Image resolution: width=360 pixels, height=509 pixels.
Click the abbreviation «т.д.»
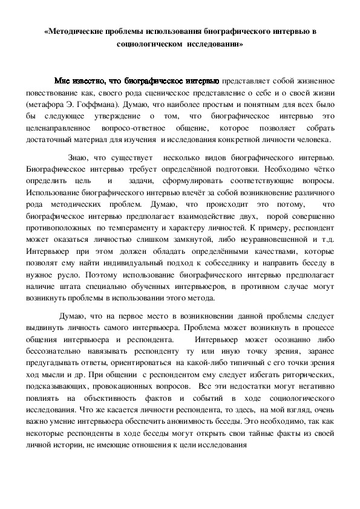[x=325, y=240]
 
